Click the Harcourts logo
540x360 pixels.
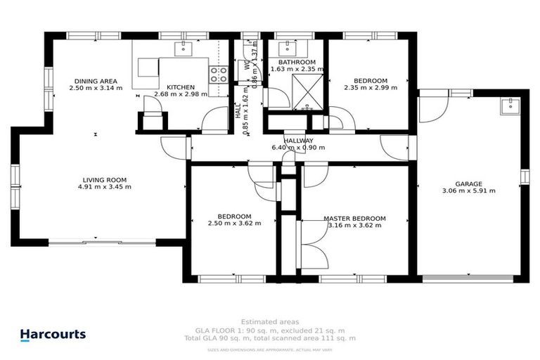pos(53,334)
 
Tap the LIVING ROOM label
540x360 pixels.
pos(107,179)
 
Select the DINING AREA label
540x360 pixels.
pos(96,81)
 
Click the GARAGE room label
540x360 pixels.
pos(468,184)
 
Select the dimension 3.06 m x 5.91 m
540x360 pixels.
pos(468,191)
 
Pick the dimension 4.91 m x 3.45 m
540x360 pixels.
pos(107,187)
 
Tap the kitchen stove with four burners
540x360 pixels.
pos(219,75)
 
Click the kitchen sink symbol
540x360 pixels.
pos(186,49)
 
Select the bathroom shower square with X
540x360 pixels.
pos(305,92)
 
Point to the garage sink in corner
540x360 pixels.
pos(509,106)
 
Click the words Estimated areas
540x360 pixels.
pos(269,321)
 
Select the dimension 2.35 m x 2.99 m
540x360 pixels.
pos(371,88)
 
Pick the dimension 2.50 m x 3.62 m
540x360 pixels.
pos(235,224)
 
